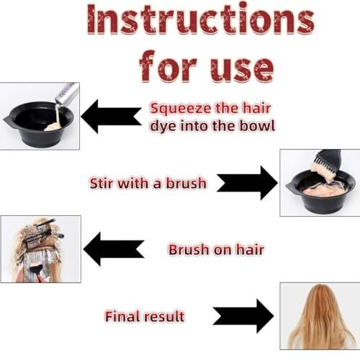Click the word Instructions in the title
201,19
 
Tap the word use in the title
242,68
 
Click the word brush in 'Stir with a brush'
186,184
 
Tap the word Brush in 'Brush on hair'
189,250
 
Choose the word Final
122,316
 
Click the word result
164,316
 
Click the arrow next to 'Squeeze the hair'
111,117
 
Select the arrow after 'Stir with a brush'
247,183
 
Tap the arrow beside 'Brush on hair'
114,249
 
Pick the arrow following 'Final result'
243,316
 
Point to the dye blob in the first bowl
53,127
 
